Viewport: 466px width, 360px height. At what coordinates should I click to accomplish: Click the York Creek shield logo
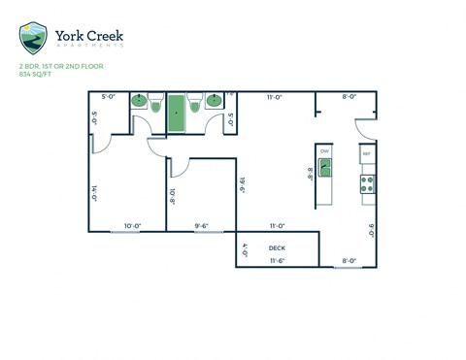click(32, 38)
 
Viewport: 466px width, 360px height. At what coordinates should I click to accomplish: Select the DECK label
click(277, 248)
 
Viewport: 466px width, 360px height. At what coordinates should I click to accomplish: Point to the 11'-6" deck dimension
click(277, 260)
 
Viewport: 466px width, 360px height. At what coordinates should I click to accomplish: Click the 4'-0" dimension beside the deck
click(245, 248)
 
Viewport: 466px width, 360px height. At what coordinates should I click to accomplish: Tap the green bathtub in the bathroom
click(176, 114)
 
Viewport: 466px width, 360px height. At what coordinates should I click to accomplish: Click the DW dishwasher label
click(324, 150)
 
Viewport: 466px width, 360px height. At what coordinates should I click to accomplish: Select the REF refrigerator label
click(367, 154)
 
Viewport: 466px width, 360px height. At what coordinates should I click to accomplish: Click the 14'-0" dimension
click(94, 193)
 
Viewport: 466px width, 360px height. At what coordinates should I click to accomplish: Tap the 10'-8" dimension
click(172, 195)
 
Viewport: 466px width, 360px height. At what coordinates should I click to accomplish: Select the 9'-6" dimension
click(201, 225)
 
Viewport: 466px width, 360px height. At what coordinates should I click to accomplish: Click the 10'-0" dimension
click(132, 225)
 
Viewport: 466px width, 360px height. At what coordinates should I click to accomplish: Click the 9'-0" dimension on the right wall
click(371, 230)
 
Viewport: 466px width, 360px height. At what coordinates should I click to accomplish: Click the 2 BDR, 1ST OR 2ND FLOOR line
click(60, 66)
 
